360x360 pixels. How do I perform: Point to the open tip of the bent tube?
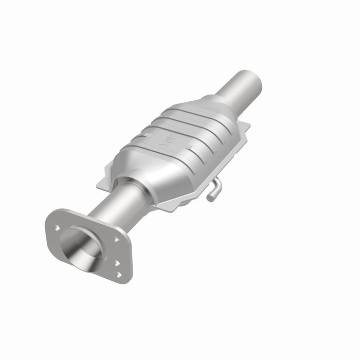[x=209, y=196]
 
